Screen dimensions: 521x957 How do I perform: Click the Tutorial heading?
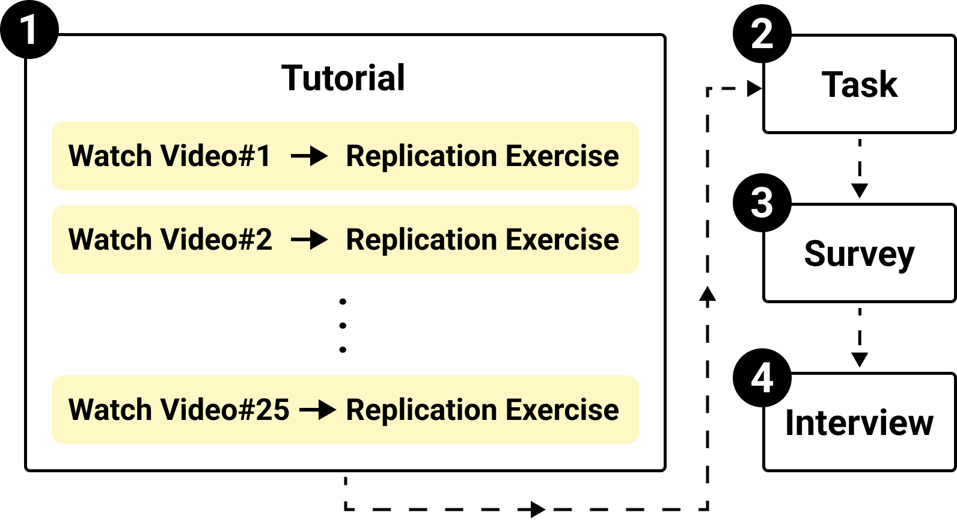pos(343,78)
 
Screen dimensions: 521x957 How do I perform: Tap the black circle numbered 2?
pos(762,34)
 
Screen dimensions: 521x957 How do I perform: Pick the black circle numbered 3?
pos(762,203)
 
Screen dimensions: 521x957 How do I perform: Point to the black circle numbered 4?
pos(762,378)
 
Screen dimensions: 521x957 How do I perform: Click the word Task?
pos(860,84)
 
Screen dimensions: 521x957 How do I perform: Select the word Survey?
pos(860,254)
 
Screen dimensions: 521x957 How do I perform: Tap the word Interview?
pos(860,422)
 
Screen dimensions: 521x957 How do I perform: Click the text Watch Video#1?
pos(170,156)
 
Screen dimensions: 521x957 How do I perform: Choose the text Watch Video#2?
pos(170,239)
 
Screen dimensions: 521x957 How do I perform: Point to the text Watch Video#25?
pos(179,410)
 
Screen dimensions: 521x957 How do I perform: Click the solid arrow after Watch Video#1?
pos(310,156)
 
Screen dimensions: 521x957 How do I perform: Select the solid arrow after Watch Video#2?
pos(310,240)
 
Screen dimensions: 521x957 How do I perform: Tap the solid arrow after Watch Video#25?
pos(318,410)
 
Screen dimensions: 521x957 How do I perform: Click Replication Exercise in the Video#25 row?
pos(482,410)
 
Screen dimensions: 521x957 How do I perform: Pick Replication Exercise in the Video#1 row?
pos(482,156)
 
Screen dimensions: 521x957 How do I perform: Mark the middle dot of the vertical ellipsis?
pos(343,325)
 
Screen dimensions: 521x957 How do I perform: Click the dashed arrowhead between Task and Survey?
pos(860,191)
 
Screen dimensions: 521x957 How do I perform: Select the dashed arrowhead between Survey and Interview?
pos(860,360)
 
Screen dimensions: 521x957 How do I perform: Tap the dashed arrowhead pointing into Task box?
pos(754,89)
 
